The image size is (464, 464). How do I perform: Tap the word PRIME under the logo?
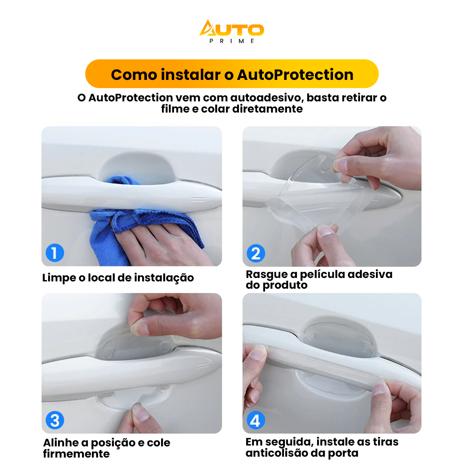232,41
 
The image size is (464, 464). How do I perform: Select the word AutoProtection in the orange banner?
295,75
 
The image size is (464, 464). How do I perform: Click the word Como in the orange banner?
134,75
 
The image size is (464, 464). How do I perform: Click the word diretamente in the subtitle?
267,109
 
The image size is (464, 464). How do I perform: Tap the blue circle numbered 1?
55,253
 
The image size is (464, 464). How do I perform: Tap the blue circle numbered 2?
256,253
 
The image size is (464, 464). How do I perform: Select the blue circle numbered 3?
55,420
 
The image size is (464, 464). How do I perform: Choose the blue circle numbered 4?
256,420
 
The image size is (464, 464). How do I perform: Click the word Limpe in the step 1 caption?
59,278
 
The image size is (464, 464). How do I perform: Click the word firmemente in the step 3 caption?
76,454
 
